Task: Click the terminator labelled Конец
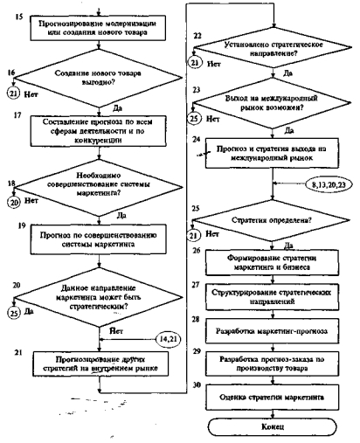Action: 272,426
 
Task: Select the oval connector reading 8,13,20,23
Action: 329,184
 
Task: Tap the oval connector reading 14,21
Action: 169,339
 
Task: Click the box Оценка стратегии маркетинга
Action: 273,398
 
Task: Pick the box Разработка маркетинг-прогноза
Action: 273,331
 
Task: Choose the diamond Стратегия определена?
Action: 272,220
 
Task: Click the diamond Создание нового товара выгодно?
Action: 99,78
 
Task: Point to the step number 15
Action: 18,17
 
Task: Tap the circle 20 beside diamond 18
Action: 14,202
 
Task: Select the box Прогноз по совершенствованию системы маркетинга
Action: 99,239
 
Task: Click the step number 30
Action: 197,384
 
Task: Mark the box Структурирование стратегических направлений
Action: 273,297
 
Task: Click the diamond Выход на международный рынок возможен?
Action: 272,103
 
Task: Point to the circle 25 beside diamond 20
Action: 14,313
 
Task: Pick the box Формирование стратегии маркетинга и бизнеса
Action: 273,263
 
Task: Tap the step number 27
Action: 196,285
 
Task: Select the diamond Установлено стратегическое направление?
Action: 273,48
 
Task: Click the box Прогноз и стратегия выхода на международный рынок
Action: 273,154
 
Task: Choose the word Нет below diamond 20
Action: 116,331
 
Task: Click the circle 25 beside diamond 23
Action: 194,119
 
